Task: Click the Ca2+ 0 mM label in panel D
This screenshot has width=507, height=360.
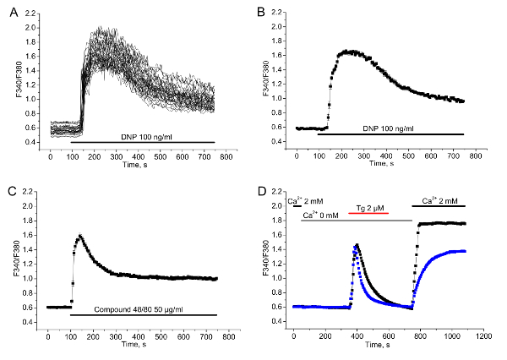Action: pyautogui.click(x=322, y=215)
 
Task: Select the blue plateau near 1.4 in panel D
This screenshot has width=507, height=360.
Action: pyautogui.click(x=456, y=251)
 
